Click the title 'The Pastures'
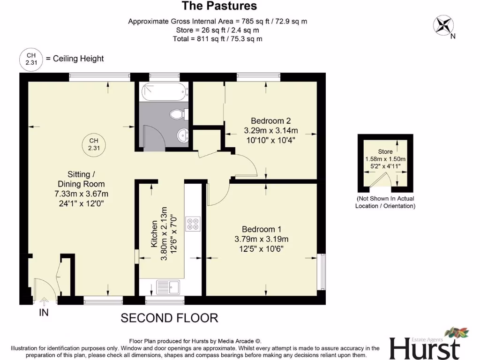tap(219, 6)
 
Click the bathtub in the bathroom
tap(164, 91)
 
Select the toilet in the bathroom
tap(179, 114)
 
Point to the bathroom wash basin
tap(182, 135)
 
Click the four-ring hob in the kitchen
tap(192, 224)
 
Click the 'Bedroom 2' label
tap(270, 120)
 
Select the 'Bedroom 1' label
tap(261, 229)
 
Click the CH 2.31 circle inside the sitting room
tap(94, 144)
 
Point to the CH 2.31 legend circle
tap(30, 59)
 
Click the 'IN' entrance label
tap(44, 313)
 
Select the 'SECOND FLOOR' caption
tap(169, 318)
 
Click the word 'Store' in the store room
tap(385, 151)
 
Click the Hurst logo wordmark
tap(424, 348)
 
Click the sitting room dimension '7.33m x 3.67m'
tap(81, 194)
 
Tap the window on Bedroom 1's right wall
tap(321, 272)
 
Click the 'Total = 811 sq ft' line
tap(217, 39)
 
